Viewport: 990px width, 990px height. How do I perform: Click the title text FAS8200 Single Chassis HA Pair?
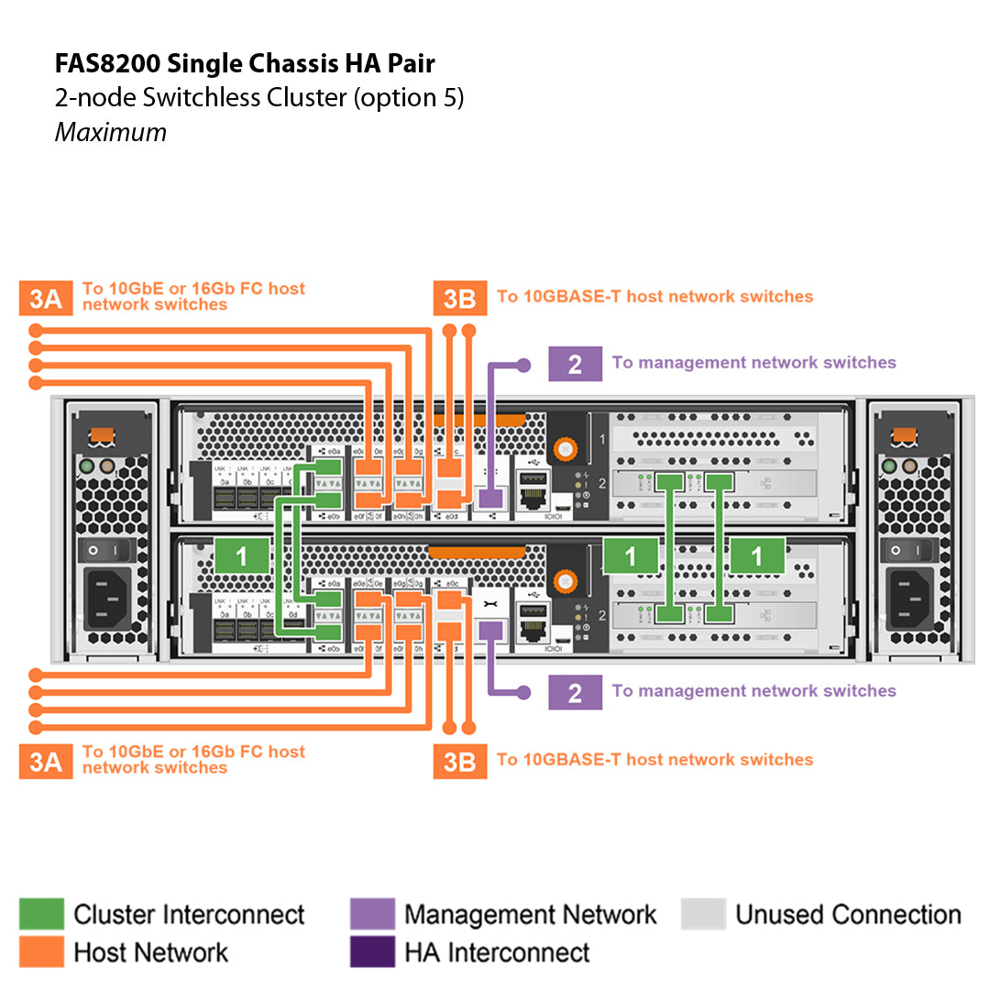tap(245, 63)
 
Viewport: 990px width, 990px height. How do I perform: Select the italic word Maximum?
tap(111, 132)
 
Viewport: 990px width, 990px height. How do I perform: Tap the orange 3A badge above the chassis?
tap(45, 299)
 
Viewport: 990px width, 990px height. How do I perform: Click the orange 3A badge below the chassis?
tap(45, 761)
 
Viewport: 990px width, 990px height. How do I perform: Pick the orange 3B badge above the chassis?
tap(460, 299)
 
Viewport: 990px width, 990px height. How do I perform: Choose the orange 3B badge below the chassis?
tap(460, 761)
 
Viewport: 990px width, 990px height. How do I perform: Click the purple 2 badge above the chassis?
tap(575, 363)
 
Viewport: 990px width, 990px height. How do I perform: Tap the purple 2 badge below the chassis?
tap(575, 692)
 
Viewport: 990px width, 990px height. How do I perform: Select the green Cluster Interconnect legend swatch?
tap(41, 914)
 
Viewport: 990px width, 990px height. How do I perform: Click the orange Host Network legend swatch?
tap(41, 951)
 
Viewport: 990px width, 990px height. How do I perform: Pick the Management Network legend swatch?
tap(372, 914)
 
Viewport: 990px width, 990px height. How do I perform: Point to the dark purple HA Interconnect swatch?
tap(372, 951)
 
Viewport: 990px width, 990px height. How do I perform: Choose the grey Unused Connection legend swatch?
tap(703, 914)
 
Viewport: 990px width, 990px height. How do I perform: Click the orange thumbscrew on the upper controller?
tap(566, 449)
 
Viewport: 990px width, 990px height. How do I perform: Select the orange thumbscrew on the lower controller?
tap(566, 580)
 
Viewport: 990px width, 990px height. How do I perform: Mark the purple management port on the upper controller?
tap(490, 498)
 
